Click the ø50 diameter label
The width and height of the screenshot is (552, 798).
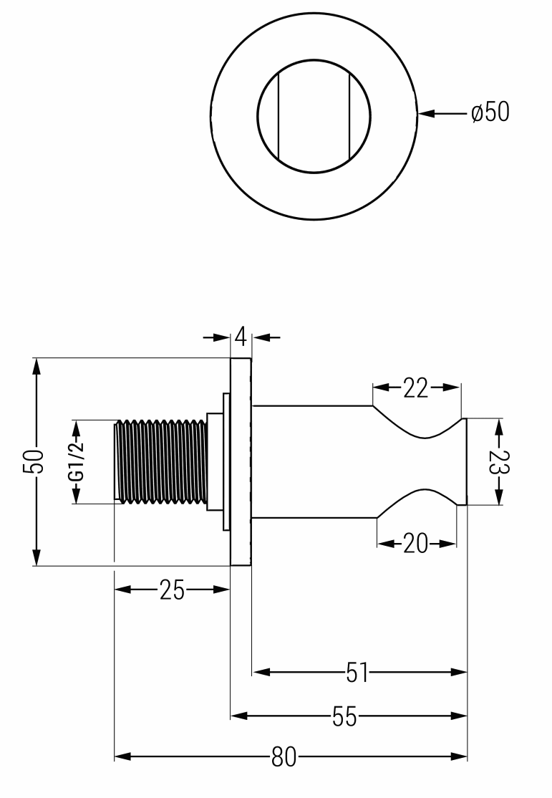click(x=490, y=112)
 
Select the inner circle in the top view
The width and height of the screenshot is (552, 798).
click(x=314, y=85)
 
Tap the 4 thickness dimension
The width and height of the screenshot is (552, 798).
click(x=241, y=335)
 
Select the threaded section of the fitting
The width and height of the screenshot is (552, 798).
click(x=161, y=462)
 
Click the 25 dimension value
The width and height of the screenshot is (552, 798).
click(x=172, y=590)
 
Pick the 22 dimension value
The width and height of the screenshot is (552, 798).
click(x=415, y=388)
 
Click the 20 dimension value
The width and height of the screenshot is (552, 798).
click(x=416, y=544)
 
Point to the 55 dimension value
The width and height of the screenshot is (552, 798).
click(x=344, y=716)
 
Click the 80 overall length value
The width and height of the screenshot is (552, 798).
click(x=284, y=756)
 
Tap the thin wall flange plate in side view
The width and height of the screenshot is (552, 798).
click(x=241, y=462)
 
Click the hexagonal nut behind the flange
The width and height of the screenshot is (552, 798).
click(x=214, y=462)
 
